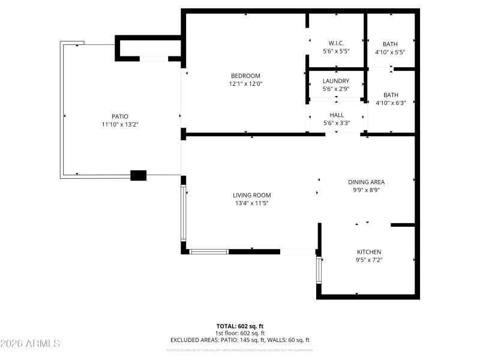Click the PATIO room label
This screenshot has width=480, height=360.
click(119, 116)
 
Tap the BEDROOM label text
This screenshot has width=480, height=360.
click(245, 76)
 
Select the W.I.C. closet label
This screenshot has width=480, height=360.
click(336, 43)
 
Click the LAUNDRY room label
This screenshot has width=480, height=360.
click(336, 81)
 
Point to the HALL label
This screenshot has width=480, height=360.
click(337, 115)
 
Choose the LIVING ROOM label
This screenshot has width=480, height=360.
click(252, 195)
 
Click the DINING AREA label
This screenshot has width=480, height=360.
click(366, 182)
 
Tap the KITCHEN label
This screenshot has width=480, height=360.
click(369, 252)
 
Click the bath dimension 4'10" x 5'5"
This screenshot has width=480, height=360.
click(390, 52)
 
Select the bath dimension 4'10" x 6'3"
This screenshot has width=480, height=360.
click(390, 103)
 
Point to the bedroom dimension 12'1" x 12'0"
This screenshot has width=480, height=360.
click(245, 84)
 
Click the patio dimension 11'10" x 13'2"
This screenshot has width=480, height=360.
click(119, 124)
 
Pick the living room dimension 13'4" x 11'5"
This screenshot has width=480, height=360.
click(252, 203)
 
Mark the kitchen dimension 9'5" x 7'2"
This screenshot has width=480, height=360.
click(369, 260)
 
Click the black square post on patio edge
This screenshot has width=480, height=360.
click(139, 175)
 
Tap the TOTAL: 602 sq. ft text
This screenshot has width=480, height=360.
click(239, 326)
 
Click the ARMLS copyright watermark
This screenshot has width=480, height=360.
click(30, 344)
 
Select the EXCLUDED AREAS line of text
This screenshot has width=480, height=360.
click(239, 340)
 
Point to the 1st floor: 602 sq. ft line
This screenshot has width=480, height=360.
click(239, 333)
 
